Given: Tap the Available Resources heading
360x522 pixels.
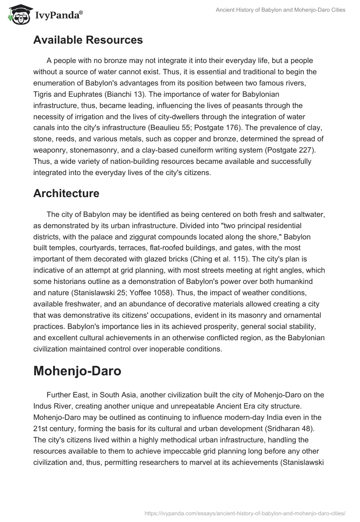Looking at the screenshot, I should pyautogui.click(x=88, y=40).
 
